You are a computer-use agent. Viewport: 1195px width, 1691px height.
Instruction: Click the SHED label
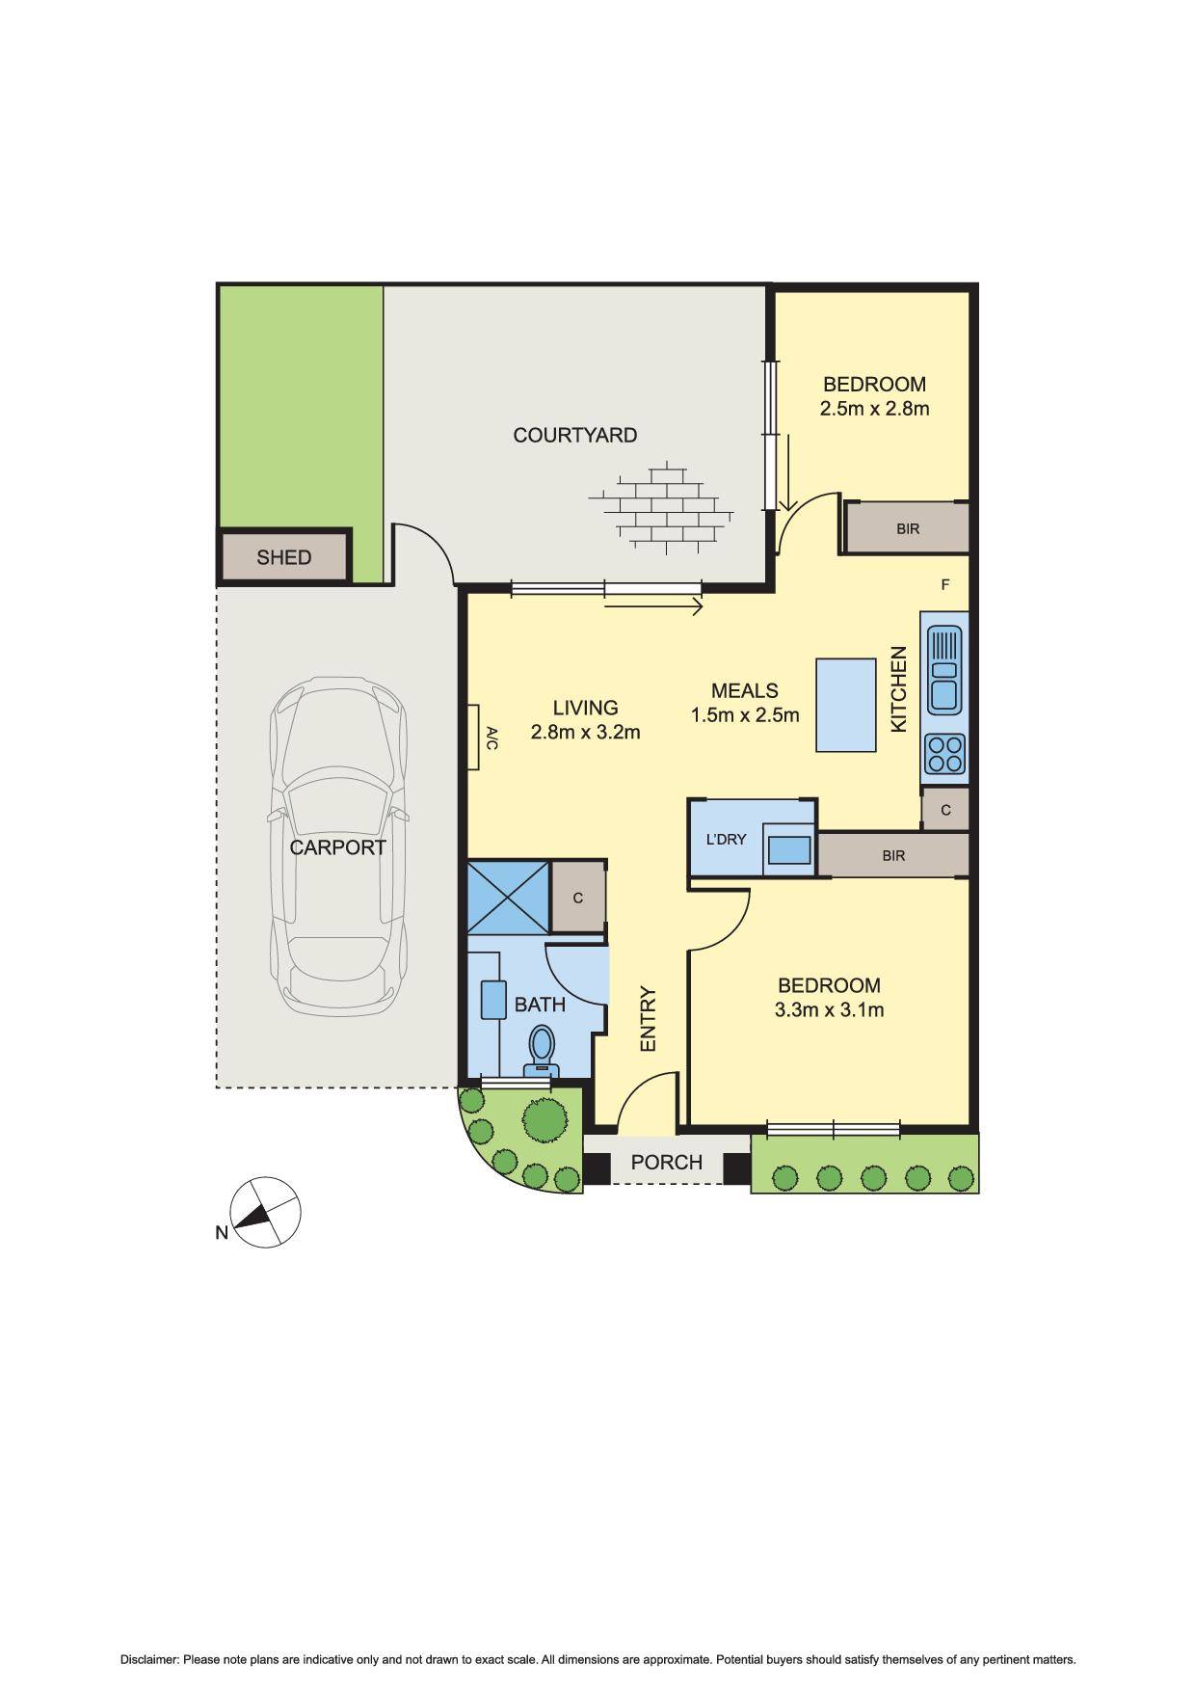click(283, 557)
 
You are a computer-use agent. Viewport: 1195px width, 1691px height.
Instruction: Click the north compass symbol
click(265, 1213)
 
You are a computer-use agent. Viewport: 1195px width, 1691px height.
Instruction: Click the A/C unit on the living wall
click(474, 738)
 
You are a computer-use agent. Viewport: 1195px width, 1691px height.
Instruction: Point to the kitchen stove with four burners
click(943, 754)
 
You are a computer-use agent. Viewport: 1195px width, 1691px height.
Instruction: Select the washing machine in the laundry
click(789, 848)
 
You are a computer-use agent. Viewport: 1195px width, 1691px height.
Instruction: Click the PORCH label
click(666, 1163)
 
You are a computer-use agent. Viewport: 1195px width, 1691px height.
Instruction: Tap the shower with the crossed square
click(508, 898)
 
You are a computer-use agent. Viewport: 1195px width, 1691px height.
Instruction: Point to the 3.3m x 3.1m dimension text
click(829, 1010)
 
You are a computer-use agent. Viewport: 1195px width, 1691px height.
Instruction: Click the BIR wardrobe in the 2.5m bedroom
click(907, 528)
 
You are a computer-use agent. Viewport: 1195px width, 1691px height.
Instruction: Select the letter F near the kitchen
click(945, 584)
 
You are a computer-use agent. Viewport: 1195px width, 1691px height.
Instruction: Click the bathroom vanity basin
click(493, 1000)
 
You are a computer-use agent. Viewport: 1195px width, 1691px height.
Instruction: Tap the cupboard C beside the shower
click(578, 898)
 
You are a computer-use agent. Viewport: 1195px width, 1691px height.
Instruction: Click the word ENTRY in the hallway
click(648, 1018)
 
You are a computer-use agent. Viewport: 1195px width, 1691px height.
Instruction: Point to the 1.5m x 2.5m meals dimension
click(745, 715)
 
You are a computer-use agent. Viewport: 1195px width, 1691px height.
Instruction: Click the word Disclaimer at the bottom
click(149, 1660)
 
